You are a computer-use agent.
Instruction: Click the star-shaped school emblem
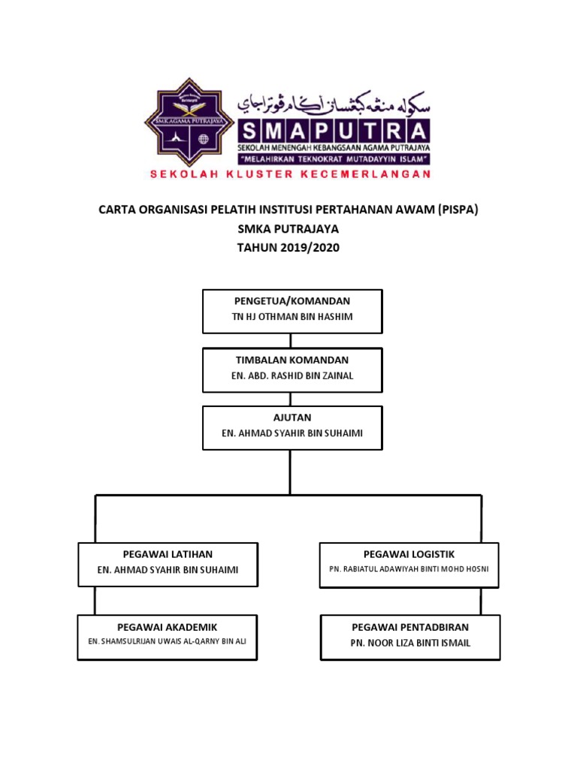pos(189,122)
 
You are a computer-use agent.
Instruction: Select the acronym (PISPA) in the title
pos(458,210)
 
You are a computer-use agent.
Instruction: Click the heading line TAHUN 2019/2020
pos(288,248)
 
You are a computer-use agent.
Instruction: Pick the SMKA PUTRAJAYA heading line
pos(288,229)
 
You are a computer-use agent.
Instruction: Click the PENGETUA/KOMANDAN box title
pos(292,301)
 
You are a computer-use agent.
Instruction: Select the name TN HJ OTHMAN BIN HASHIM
pos(292,317)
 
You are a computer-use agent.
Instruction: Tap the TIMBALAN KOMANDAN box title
pos(292,360)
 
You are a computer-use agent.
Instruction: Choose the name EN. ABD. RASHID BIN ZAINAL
pos(292,376)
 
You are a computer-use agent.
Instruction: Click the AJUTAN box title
pos(292,418)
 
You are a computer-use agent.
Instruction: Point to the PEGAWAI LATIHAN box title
pos(168,554)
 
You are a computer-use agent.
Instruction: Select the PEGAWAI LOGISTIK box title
pos(409,554)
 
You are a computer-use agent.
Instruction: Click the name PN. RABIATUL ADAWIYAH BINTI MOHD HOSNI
pos(409,569)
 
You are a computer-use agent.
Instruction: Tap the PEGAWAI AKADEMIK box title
pos(168,626)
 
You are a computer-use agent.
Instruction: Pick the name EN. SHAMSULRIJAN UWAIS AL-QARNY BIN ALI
pos(168,641)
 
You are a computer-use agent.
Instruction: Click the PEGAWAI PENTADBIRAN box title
pos(410,626)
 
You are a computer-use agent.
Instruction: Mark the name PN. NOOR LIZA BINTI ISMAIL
pos(410,643)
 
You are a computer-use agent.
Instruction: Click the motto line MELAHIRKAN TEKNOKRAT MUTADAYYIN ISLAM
pos(334,159)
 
